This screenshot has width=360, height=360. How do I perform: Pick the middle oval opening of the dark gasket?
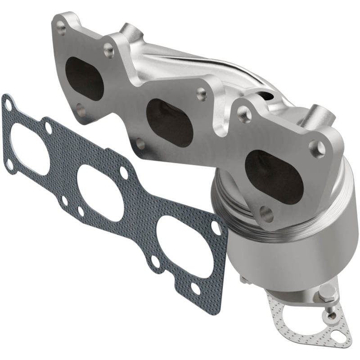(101, 193)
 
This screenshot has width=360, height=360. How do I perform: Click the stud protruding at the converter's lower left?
(243, 281)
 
